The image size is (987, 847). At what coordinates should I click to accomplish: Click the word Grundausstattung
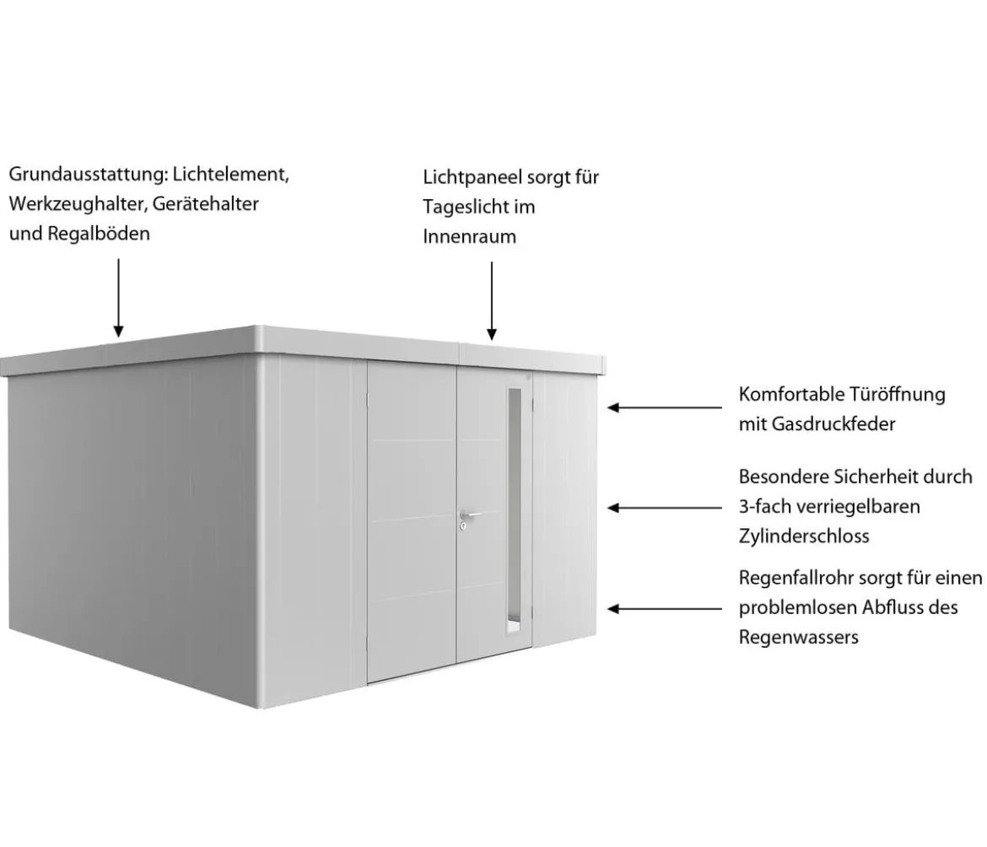[x=87, y=175]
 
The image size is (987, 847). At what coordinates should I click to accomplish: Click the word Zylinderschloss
[x=804, y=537]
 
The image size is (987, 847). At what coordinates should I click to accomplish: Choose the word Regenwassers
[x=798, y=637]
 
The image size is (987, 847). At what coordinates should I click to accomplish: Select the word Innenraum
[x=470, y=236]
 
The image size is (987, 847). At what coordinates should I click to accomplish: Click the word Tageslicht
[x=467, y=207]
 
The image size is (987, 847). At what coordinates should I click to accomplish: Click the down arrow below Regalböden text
[x=118, y=297]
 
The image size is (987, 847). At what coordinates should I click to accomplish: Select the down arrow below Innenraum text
[x=492, y=301]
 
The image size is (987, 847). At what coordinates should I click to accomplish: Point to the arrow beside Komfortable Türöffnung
[x=664, y=407]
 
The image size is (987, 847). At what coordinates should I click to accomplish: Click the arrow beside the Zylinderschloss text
[x=664, y=508]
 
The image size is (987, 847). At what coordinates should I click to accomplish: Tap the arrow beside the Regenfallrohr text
[x=664, y=608]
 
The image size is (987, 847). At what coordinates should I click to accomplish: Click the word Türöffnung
[x=898, y=395]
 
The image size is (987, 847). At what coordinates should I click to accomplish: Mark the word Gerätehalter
[x=205, y=204]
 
